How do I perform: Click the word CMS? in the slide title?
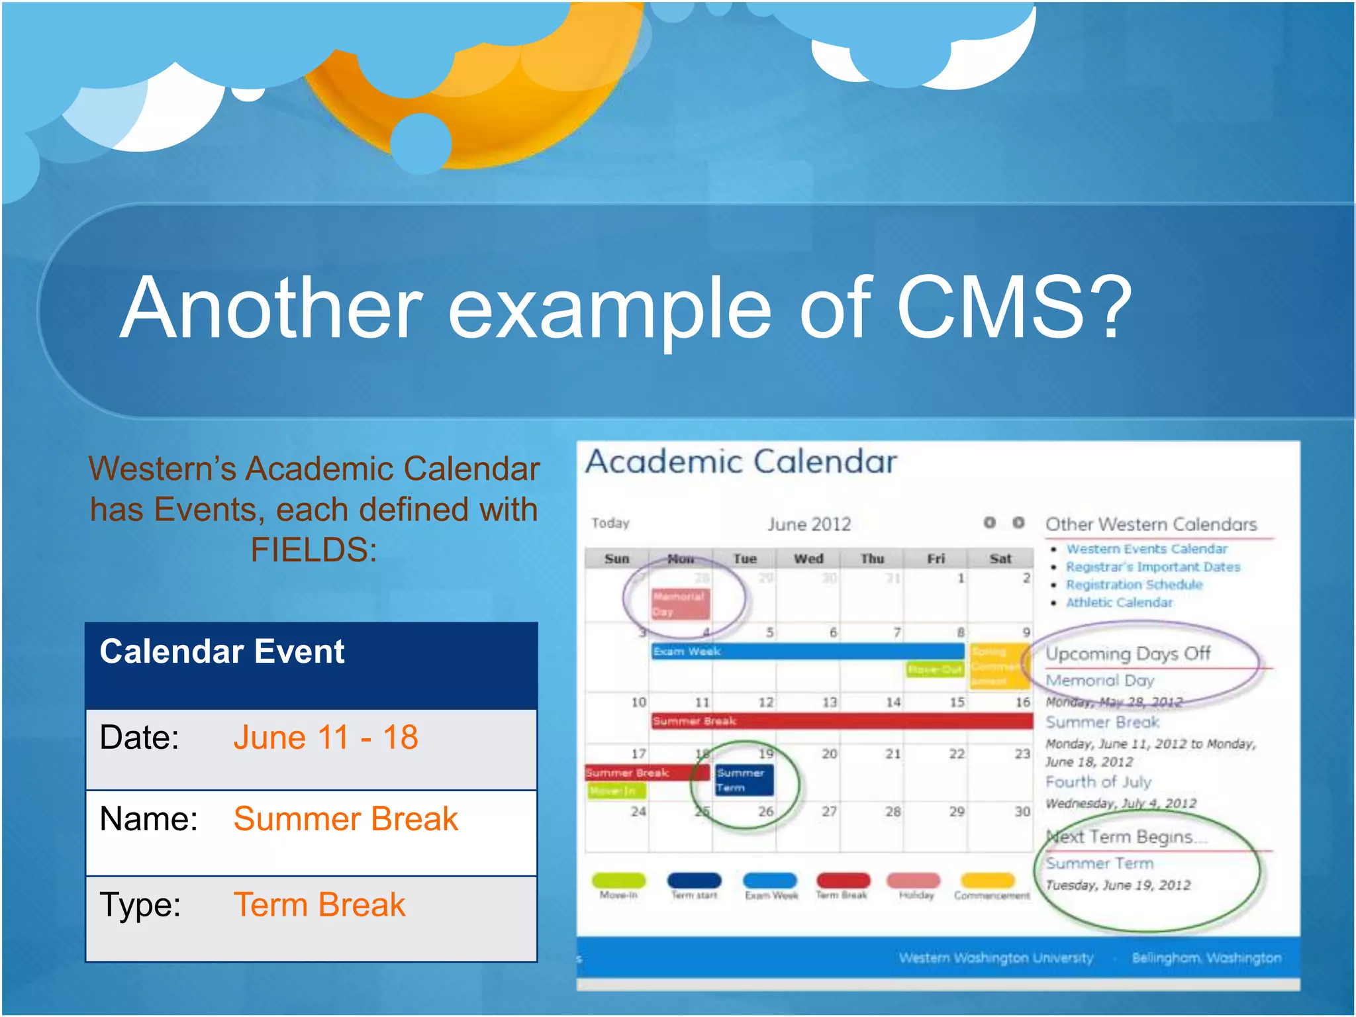click(1013, 308)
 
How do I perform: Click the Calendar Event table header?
click(222, 652)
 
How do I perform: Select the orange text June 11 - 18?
click(325, 738)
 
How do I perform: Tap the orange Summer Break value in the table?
click(345, 819)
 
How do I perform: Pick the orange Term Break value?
click(319, 905)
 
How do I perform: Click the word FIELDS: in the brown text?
click(314, 550)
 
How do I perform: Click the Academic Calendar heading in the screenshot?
click(741, 461)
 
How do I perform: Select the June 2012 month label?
click(808, 524)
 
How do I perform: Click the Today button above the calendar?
click(610, 523)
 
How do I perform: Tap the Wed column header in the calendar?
click(808, 559)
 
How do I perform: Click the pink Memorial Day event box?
click(679, 603)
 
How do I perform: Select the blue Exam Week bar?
click(807, 652)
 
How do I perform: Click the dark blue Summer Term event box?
click(743, 780)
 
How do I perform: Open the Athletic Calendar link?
click(1119, 603)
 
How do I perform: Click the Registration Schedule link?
click(1134, 585)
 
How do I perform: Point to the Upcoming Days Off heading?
click(1128, 654)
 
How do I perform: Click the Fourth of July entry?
click(1098, 782)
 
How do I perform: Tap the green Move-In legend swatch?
click(618, 880)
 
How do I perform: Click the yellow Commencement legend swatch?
click(987, 880)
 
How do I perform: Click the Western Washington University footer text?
click(996, 958)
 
